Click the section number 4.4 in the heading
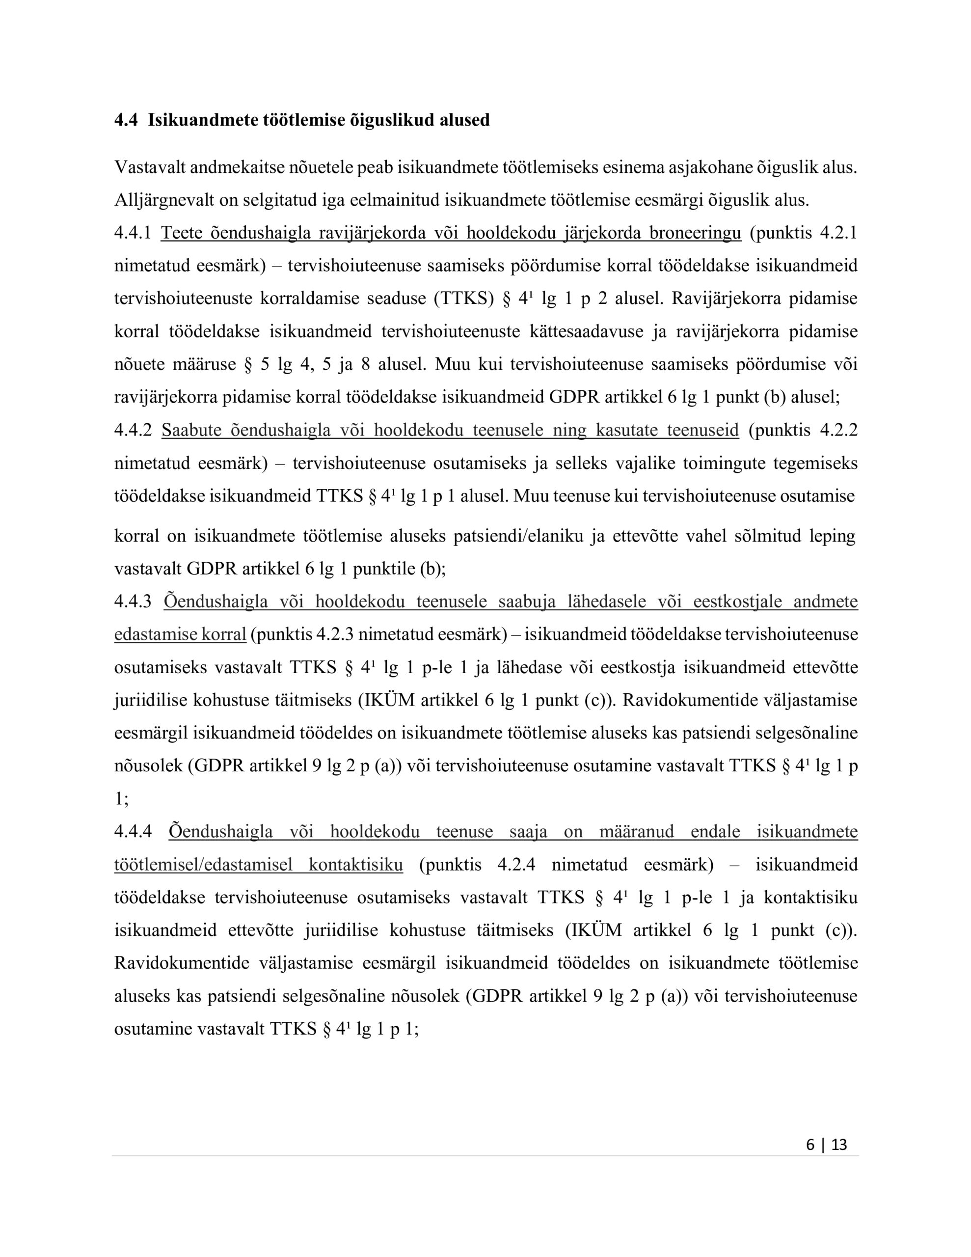click(x=126, y=120)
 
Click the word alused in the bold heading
click(x=464, y=120)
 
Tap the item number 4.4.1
click(x=133, y=233)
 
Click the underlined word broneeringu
click(x=695, y=233)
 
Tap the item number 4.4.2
click(x=133, y=430)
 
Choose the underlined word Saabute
click(x=191, y=430)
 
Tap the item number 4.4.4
click(x=133, y=832)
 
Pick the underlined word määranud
click(x=636, y=832)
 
